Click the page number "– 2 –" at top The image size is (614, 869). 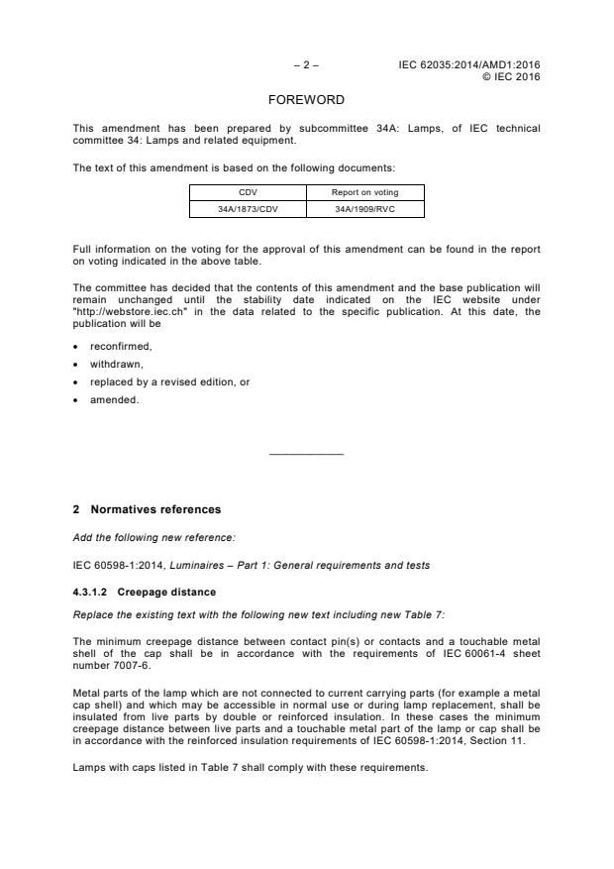(x=306, y=65)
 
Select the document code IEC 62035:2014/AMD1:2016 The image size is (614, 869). (x=469, y=65)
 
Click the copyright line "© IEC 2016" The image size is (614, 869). (x=510, y=76)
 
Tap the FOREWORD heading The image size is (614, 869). (x=306, y=101)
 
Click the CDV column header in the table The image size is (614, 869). (x=246, y=193)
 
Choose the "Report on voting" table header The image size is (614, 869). (x=363, y=193)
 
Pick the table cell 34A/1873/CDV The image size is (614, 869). (x=246, y=209)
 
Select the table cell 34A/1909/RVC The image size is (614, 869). (x=363, y=209)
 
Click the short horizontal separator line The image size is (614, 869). (x=306, y=454)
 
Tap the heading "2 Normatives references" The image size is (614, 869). (x=147, y=510)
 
